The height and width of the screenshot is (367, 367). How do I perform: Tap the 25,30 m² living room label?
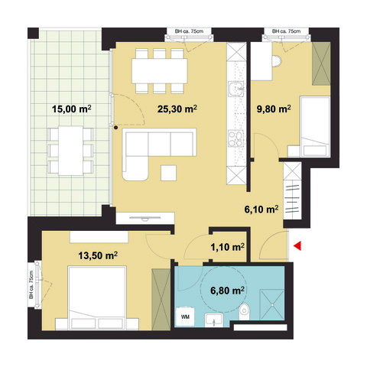176,109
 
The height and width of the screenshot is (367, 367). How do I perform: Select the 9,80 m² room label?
272,109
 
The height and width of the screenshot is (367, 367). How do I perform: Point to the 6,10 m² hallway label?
260,207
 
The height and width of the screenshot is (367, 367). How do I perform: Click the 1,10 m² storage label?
227,247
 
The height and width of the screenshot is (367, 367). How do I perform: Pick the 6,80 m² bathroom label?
227,291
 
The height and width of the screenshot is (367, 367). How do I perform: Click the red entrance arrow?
299,245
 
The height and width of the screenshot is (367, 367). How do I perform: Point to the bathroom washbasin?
214,319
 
